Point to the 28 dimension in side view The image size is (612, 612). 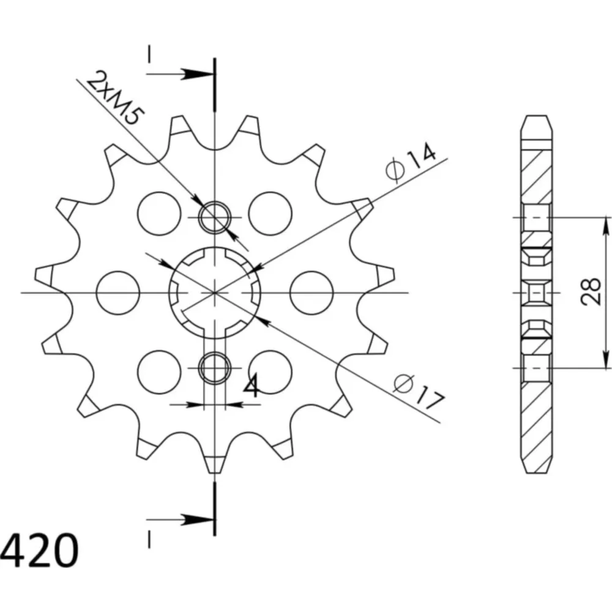point(591,291)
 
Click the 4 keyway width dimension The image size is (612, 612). point(252,386)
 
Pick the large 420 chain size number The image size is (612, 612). point(39,550)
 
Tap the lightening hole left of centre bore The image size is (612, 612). point(118,293)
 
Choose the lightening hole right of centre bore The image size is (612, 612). point(312,293)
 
